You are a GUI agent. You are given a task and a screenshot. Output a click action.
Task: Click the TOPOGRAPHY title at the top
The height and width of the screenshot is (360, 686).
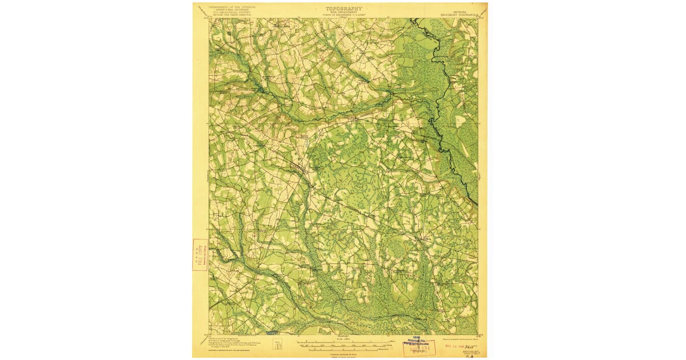(x=344, y=9)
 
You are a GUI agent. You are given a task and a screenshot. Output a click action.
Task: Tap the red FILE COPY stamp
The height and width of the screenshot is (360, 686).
(x=200, y=254)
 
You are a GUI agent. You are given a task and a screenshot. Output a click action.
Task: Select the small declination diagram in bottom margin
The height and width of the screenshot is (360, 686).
(x=278, y=345)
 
